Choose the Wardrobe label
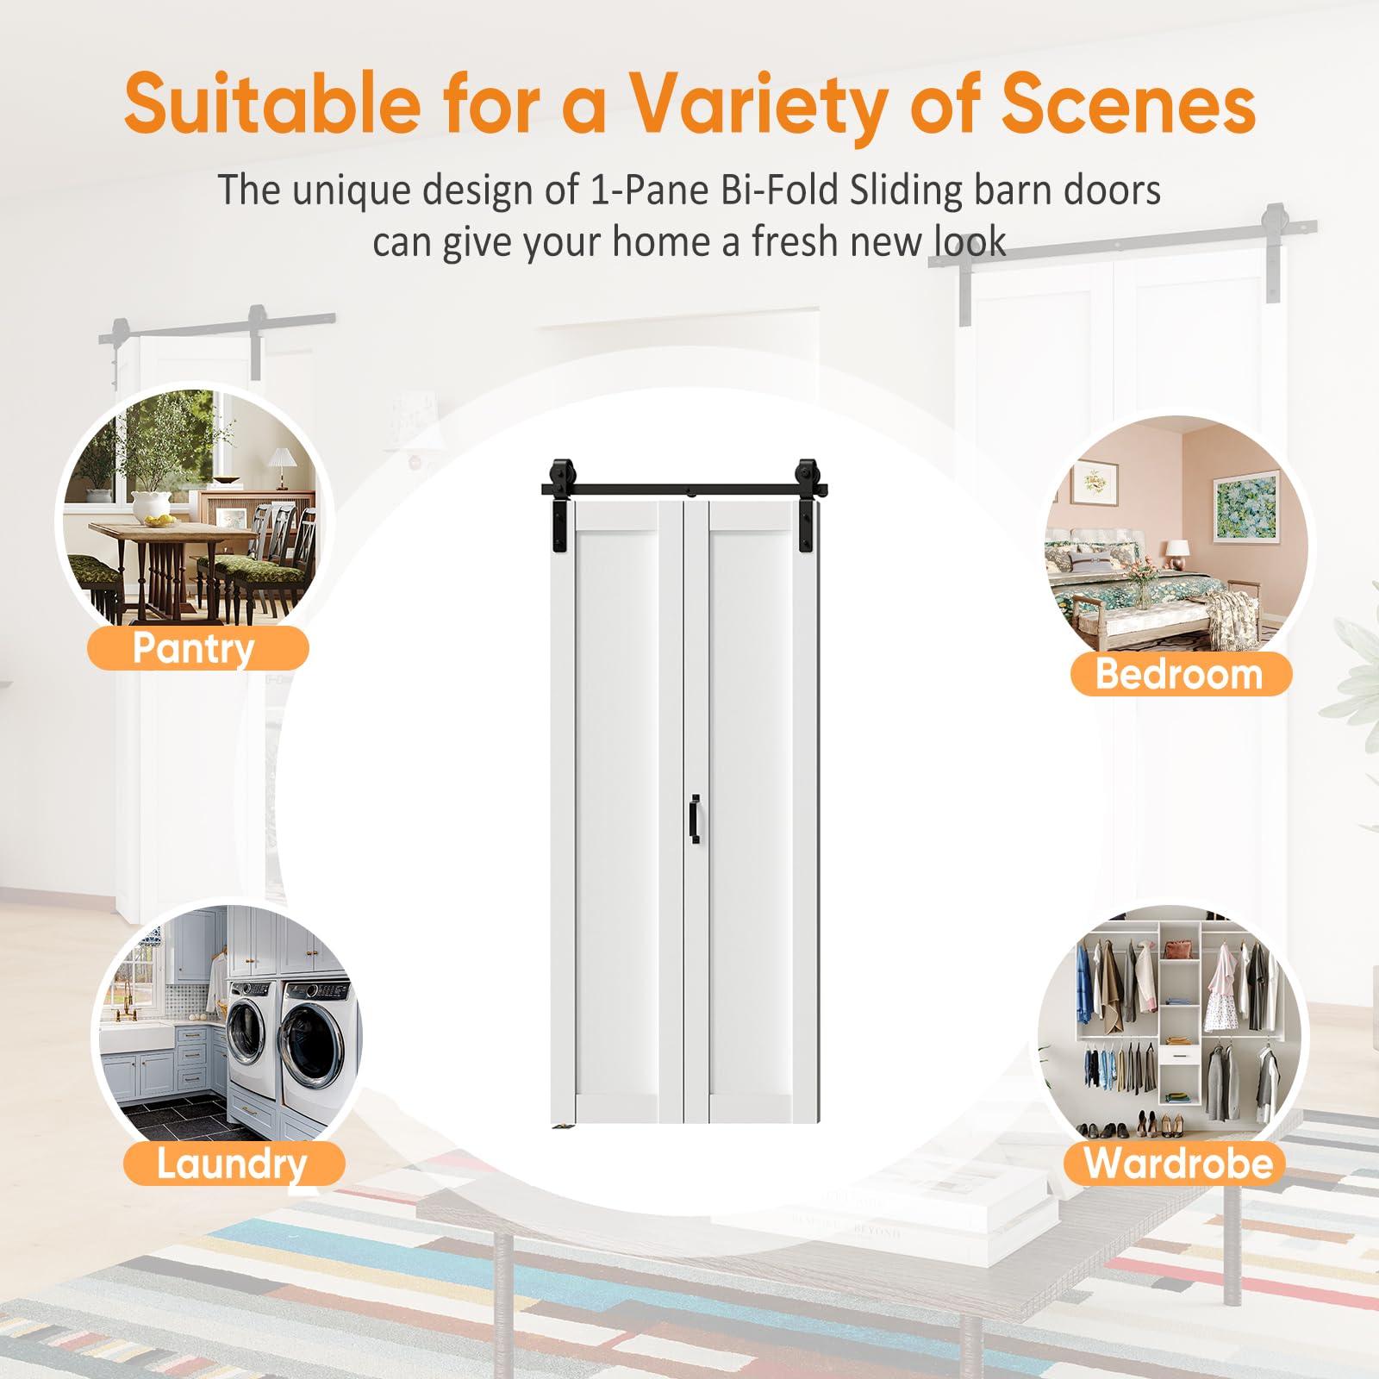point(1176,1163)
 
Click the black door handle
point(695,819)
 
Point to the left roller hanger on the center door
point(560,509)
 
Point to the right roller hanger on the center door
point(808,509)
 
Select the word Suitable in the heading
point(273,103)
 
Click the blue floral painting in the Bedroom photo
point(1245,507)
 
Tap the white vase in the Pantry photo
point(152,506)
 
